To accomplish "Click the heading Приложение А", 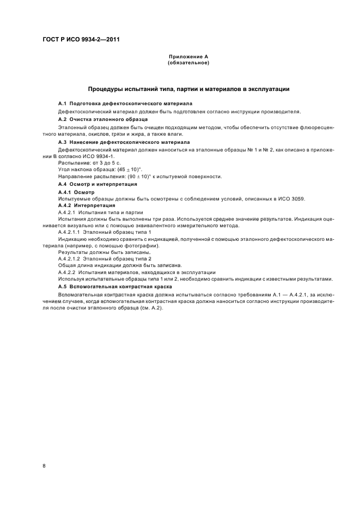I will (188, 57).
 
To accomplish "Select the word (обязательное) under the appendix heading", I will (188, 63).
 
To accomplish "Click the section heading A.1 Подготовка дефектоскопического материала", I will (125, 104).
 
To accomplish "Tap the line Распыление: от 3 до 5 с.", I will (82, 162).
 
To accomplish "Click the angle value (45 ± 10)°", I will (126, 169).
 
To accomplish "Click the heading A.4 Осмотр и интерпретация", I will (97, 185).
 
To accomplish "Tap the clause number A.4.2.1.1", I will (69, 232).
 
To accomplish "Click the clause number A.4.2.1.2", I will (69, 259).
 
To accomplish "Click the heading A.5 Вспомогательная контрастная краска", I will (115, 286).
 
